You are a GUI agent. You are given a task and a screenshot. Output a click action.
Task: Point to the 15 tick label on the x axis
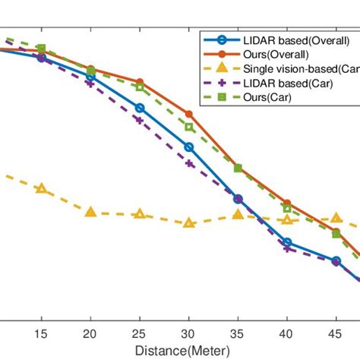41,335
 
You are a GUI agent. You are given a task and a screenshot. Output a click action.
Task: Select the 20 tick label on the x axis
90,335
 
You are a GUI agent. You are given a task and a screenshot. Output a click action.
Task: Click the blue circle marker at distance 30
189,147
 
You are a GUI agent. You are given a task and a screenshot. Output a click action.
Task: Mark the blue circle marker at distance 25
140,108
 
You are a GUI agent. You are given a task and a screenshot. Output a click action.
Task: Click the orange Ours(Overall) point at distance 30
189,114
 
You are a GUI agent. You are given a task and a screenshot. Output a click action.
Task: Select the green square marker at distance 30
189,126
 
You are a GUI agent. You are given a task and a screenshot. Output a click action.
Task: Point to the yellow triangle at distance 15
41,188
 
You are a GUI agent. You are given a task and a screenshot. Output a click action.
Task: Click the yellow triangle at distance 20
90,212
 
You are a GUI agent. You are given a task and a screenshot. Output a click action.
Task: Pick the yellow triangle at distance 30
189,223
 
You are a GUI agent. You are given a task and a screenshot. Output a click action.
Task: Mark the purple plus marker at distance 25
140,120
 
